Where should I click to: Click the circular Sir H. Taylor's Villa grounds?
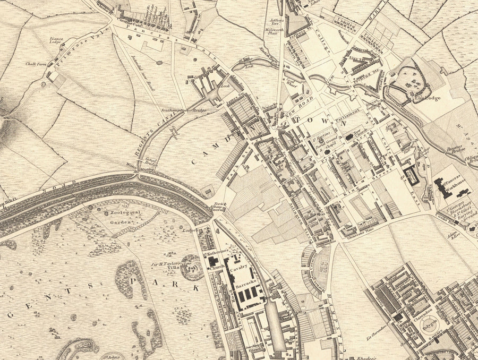pyautogui.click(x=191, y=268)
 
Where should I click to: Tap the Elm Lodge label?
pyautogui.click(x=429, y=98)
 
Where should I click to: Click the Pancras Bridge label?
pyautogui.click(x=455, y=150)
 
